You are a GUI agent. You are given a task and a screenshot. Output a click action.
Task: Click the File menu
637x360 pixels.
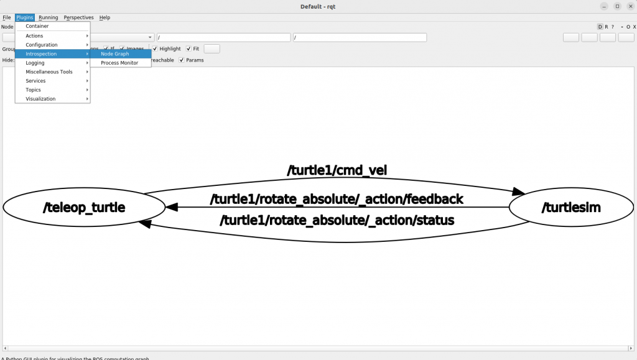tap(7, 17)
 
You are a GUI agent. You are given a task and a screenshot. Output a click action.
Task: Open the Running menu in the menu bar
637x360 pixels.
tap(48, 17)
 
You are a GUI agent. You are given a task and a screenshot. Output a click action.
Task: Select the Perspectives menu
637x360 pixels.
tap(78, 17)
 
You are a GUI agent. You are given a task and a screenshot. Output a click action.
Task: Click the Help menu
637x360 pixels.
tap(105, 17)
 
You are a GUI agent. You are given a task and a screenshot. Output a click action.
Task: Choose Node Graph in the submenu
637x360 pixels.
tap(115, 54)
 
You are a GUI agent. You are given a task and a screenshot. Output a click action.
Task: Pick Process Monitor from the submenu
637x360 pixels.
tap(119, 63)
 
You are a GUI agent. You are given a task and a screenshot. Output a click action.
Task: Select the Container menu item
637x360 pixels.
tap(37, 26)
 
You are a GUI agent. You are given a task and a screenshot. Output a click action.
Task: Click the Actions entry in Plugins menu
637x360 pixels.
tap(35, 36)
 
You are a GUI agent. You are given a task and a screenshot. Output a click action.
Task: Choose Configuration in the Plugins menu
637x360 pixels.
tap(42, 45)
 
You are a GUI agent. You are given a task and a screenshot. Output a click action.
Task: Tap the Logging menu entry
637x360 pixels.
tap(35, 63)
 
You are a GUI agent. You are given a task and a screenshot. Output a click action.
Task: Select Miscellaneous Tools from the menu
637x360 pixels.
tap(49, 72)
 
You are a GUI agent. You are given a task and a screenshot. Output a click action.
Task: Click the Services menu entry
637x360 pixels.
tap(35, 81)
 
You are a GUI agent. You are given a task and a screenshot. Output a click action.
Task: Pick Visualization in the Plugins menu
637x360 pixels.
tap(40, 99)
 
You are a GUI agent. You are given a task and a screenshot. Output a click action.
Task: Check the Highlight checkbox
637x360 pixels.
tap(156, 48)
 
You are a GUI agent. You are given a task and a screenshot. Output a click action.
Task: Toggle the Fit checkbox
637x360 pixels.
tap(189, 48)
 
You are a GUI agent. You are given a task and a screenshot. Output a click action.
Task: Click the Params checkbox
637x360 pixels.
tap(182, 60)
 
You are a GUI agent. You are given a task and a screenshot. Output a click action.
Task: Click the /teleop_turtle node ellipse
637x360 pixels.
tap(84, 208)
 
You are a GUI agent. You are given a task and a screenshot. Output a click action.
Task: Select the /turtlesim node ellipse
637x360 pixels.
tap(571, 208)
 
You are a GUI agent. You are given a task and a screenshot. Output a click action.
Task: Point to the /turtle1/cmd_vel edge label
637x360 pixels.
tap(337, 170)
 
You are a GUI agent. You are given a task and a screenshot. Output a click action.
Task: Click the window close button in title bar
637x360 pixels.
tap(630, 6)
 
